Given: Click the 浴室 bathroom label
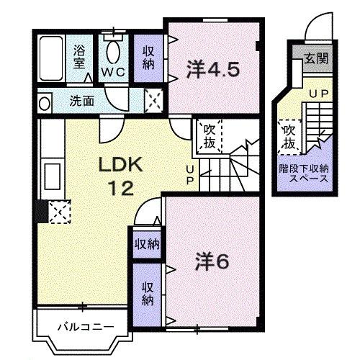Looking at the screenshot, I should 78,56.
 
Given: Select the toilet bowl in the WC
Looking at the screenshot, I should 113,52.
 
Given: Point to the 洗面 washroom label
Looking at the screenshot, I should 81,101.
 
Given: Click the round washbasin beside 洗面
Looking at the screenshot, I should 45,103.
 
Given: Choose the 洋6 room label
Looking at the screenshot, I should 211,261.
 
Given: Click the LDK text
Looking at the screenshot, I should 121,166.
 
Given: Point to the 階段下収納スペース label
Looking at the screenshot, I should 303,174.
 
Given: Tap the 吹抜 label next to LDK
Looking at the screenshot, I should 208,136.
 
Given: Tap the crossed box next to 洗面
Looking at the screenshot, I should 153,100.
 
